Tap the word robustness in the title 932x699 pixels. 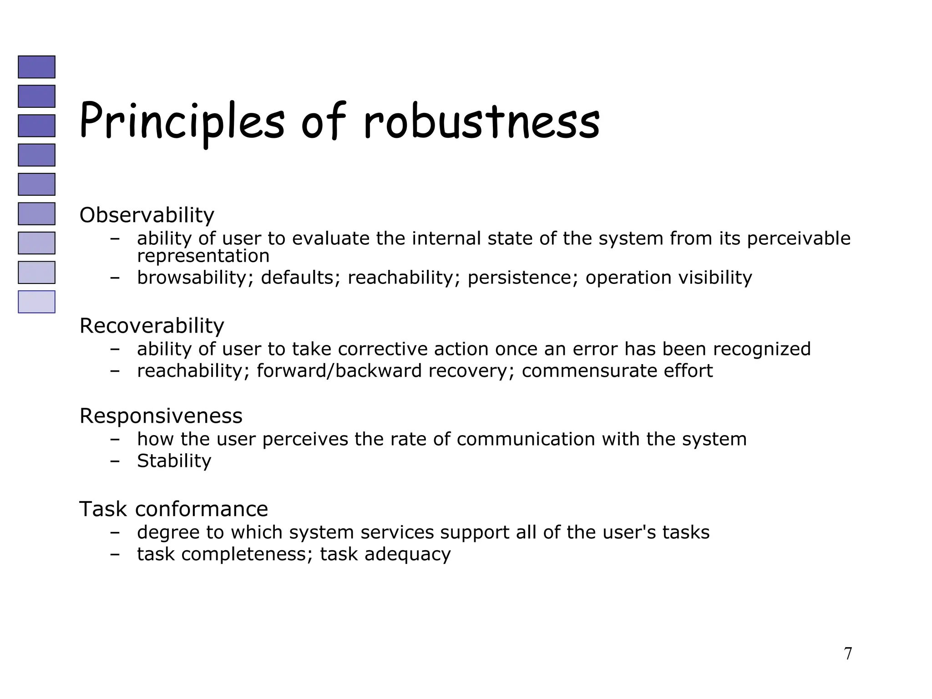[481, 121]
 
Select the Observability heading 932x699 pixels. [147, 215]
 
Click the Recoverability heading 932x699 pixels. [152, 326]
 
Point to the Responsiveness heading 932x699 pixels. [161, 416]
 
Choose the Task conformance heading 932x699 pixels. [173, 509]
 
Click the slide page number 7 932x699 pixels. [848, 653]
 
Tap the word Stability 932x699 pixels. [174, 461]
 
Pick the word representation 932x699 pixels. [203, 256]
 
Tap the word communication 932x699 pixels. [526, 439]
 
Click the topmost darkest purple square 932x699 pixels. [36, 67]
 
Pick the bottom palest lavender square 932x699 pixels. [36, 302]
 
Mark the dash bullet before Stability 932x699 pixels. [115, 461]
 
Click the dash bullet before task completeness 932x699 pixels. [115, 554]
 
